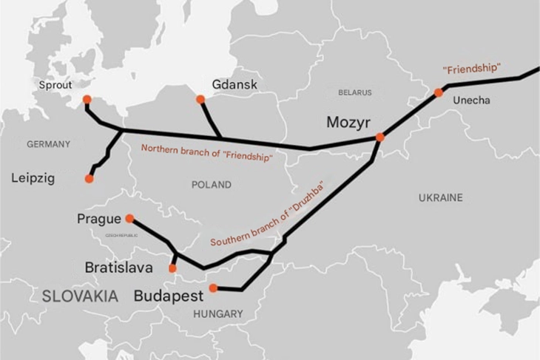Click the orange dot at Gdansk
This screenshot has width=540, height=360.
point(200,99)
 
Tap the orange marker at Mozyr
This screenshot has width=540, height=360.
point(380,137)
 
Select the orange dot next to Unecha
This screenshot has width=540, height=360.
point(439,92)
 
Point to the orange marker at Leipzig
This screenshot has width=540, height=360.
point(90,178)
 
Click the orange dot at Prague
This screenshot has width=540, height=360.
point(129,218)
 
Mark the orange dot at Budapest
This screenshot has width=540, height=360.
point(213,288)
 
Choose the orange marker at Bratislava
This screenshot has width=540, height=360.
point(172,268)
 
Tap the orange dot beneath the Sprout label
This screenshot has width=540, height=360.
point(87,99)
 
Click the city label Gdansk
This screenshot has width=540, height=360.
point(234,84)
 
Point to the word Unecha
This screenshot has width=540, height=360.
point(471,101)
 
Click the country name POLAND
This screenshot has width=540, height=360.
point(211,185)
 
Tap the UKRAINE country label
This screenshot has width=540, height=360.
point(440,197)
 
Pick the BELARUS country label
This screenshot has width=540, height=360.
point(355,93)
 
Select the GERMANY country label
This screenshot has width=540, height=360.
point(48,144)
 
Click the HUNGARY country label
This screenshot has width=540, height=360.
point(217,314)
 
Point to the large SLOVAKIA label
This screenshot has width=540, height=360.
point(80,296)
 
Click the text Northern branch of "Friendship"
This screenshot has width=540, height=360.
point(206,152)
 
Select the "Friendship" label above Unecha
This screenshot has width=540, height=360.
point(471,68)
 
